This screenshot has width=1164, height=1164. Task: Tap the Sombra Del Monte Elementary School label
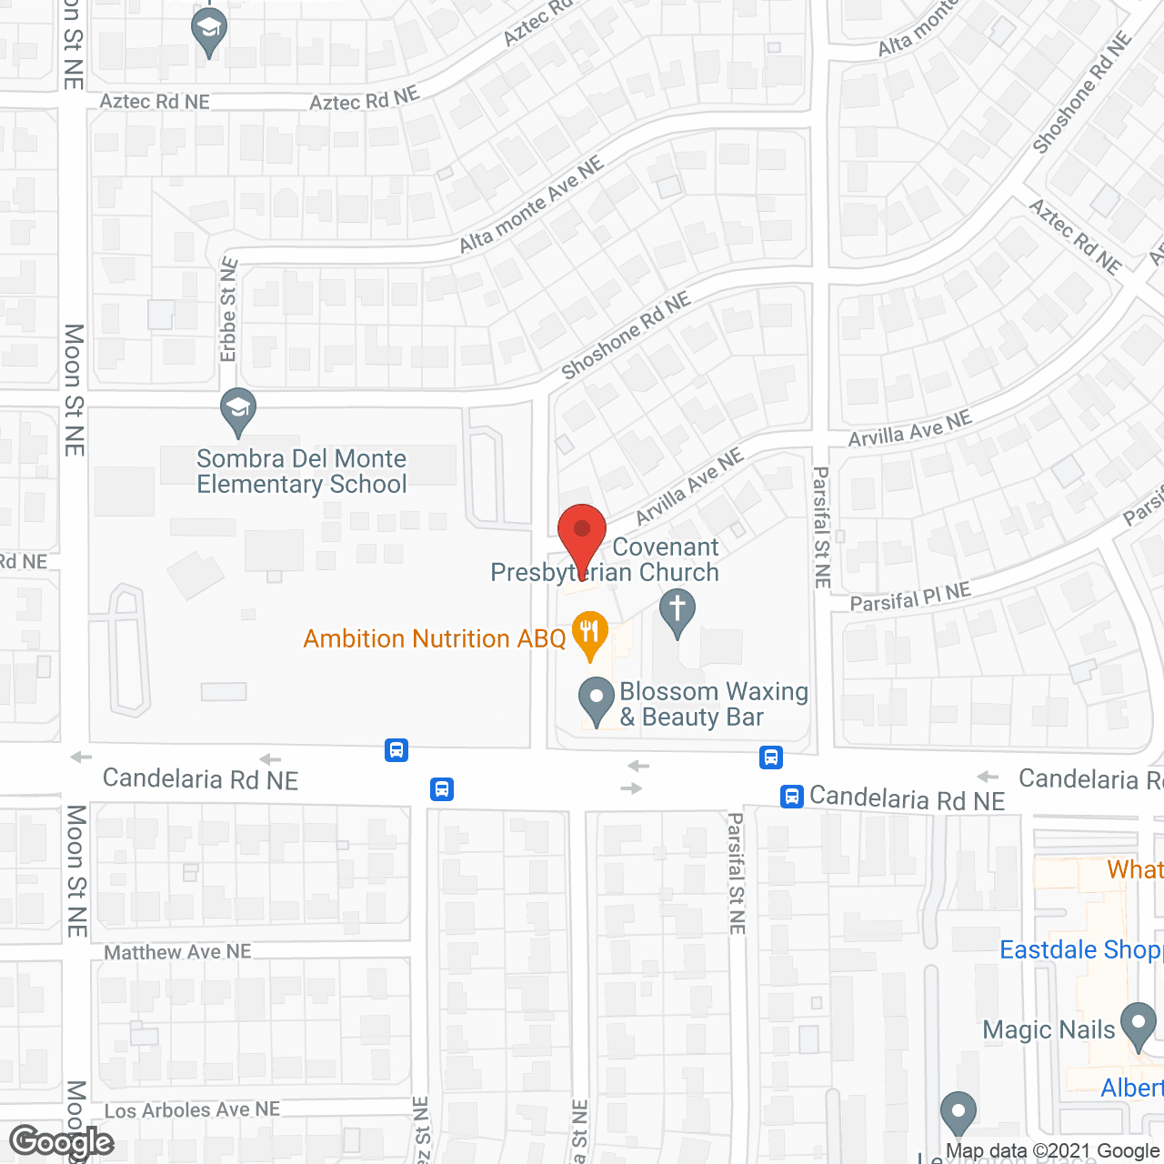click(x=302, y=471)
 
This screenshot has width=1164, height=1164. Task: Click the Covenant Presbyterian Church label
click(x=605, y=559)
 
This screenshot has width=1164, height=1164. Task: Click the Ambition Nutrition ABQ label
click(x=435, y=638)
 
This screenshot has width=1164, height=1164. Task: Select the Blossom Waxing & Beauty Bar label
click(x=714, y=704)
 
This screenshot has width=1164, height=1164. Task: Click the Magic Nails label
click(x=1049, y=1029)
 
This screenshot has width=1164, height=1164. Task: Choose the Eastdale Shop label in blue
click(x=1080, y=949)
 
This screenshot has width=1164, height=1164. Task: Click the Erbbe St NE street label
click(x=228, y=309)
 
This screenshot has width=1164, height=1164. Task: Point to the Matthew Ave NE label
click(x=177, y=952)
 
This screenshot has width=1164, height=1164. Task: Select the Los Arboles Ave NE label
click(x=192, y=1109)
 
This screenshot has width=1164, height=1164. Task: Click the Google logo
click(x=61, y=1142)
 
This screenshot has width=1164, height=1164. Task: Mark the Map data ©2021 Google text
click(x=1052, y=1151)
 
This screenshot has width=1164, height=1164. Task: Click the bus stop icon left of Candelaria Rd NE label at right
click(x=792, y=797)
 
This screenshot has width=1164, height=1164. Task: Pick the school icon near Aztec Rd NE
click(x=209, y=31)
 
